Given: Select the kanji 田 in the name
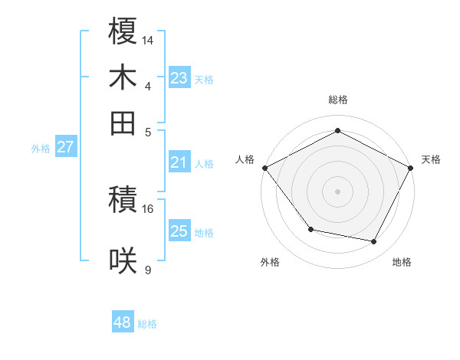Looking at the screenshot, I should (x=123, y=122).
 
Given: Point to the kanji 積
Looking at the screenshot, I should (x=123, y=201).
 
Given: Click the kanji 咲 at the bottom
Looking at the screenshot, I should (x=123, y=261).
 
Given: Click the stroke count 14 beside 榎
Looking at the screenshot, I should (x=147, y=39).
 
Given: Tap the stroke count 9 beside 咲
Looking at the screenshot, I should (x=147, y=270).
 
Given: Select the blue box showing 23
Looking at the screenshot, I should (x=179, y=77).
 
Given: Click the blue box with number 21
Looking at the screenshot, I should (x=179, y=162).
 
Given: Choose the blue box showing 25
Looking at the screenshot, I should (x=179, y=231).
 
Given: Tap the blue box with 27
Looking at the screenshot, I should (x=65, y=147).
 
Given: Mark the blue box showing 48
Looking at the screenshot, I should (x=122, y=322).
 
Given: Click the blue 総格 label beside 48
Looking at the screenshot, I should (x=147, y=324).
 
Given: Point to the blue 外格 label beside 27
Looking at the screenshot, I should (x=41, y=149).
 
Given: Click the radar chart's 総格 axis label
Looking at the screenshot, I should (x=337, y=100).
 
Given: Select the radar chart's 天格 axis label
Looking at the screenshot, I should (x=431, y=159).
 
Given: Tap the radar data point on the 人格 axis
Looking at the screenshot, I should (x=264, y=168).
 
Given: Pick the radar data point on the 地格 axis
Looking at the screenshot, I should (x=374, y=242).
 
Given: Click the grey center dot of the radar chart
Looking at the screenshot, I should (x=337, y=191).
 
